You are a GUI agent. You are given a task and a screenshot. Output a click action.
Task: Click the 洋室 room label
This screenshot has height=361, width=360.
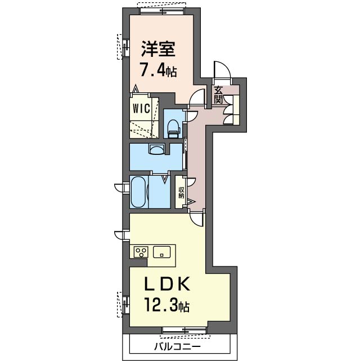(x=159, y=49)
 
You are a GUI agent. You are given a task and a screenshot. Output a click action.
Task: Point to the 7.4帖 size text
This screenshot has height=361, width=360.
(x=159, y=71)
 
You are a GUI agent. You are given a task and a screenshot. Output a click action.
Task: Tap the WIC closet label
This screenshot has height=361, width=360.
(x=142, y=108)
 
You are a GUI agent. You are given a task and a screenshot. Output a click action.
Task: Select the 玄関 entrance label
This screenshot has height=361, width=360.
(x=218, y=95)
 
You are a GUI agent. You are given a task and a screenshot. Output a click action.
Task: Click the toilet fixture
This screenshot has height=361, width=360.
(x=174, y=128)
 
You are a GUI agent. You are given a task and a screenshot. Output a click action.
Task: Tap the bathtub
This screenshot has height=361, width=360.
(x=138, y=192)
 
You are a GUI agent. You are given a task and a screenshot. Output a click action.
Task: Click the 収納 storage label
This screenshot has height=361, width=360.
(x=181, y=192)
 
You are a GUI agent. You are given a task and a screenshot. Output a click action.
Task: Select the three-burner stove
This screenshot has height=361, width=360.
(x=141, y=252)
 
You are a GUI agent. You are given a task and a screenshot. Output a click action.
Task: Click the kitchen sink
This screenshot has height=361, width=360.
(x=162, y=252)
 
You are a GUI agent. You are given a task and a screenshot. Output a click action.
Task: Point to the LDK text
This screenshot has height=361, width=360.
(x=167, y=284)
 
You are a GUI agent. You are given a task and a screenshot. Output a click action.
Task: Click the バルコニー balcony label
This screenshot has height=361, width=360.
(x=177, y=346)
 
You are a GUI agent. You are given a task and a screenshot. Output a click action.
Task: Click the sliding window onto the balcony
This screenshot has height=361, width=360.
(x=184, y=331)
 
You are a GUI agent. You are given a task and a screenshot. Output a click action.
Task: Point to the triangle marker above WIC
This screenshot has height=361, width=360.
(x=136, y=88)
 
